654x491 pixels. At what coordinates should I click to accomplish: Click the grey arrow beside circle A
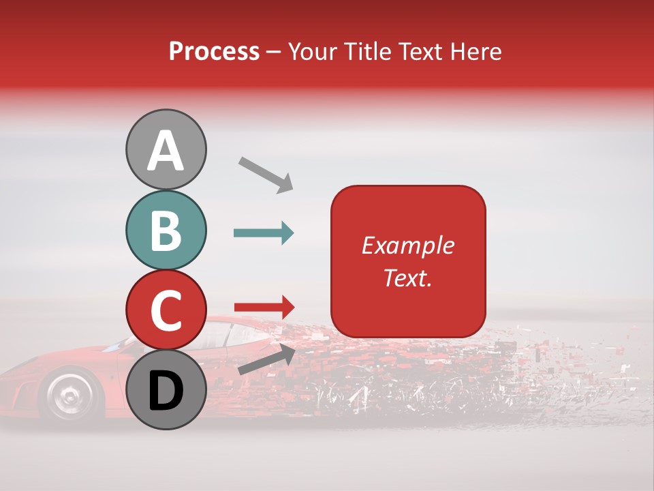pos(266,174)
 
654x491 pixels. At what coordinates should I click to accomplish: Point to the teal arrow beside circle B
pos(264,233)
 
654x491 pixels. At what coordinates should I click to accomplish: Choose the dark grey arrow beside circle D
pos(266,359)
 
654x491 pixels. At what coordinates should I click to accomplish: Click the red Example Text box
pos(408,261)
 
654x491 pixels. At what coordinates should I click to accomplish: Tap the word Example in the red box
pos(408,245)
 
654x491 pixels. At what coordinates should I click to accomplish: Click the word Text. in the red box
pos(408,278)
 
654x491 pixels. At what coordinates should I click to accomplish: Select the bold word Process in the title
pos(214,51)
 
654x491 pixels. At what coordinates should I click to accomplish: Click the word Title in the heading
pos(369,51)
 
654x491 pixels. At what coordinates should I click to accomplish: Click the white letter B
pos(166,230)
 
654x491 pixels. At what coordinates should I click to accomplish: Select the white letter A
pos(166,150)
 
